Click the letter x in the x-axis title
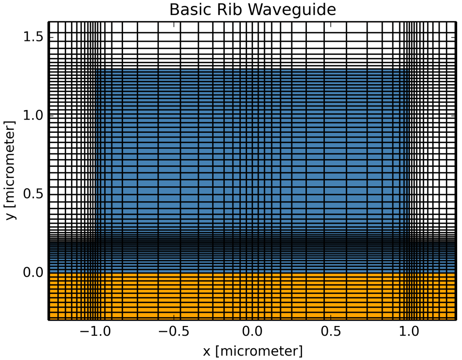(207, 351)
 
